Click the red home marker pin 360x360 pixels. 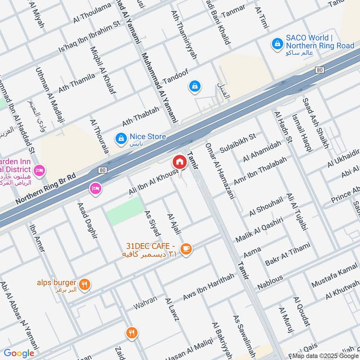179,162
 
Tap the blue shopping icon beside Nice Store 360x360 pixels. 121,139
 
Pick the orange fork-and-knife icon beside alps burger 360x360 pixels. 84,284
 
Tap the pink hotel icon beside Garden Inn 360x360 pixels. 40,170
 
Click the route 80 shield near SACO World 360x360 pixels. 319,70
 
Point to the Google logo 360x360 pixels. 19,353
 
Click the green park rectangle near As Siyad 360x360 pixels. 125,211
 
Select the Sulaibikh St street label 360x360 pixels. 238,143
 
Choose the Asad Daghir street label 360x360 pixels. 88,220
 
